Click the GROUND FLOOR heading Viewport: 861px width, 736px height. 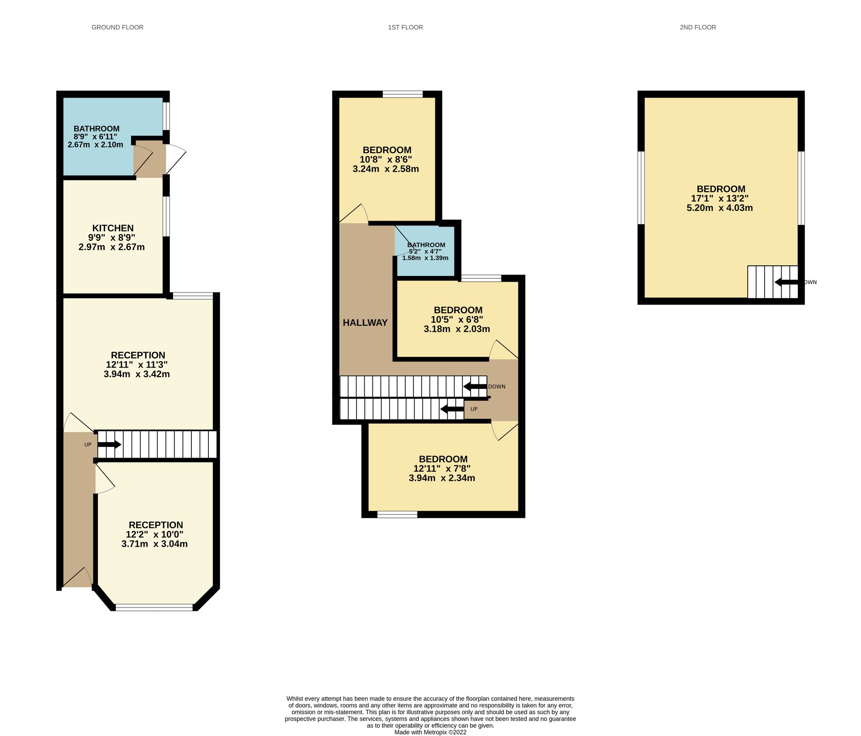(x=117, y=27)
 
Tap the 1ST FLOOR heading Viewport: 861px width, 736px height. (x=405, y=27)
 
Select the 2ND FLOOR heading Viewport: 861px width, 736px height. (x=698, y=27)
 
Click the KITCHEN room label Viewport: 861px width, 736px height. (x=112, y=228)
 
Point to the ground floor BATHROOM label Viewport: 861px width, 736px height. (x=96, y=129)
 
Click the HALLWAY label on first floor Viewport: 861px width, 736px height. (x=365, y=323)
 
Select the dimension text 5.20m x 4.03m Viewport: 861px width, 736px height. (x=719, y=208)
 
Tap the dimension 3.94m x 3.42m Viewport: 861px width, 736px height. (x=137, y=374)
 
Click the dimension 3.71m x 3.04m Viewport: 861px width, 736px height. (x=154, y=543)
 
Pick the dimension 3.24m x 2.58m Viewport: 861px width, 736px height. (x=386, y=169)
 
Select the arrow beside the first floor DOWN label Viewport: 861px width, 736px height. (x=475, y=386)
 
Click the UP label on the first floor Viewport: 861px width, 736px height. (x=474, y=409)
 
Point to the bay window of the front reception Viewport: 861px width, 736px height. (x=155, y=607)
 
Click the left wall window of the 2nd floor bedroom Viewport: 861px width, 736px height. (x=641, y=187)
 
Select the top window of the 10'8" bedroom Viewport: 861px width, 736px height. (x=402, y=94)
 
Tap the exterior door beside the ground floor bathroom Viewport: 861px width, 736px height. (x=176, y=160)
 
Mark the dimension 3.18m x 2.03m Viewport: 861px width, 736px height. (x=457, y=329)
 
